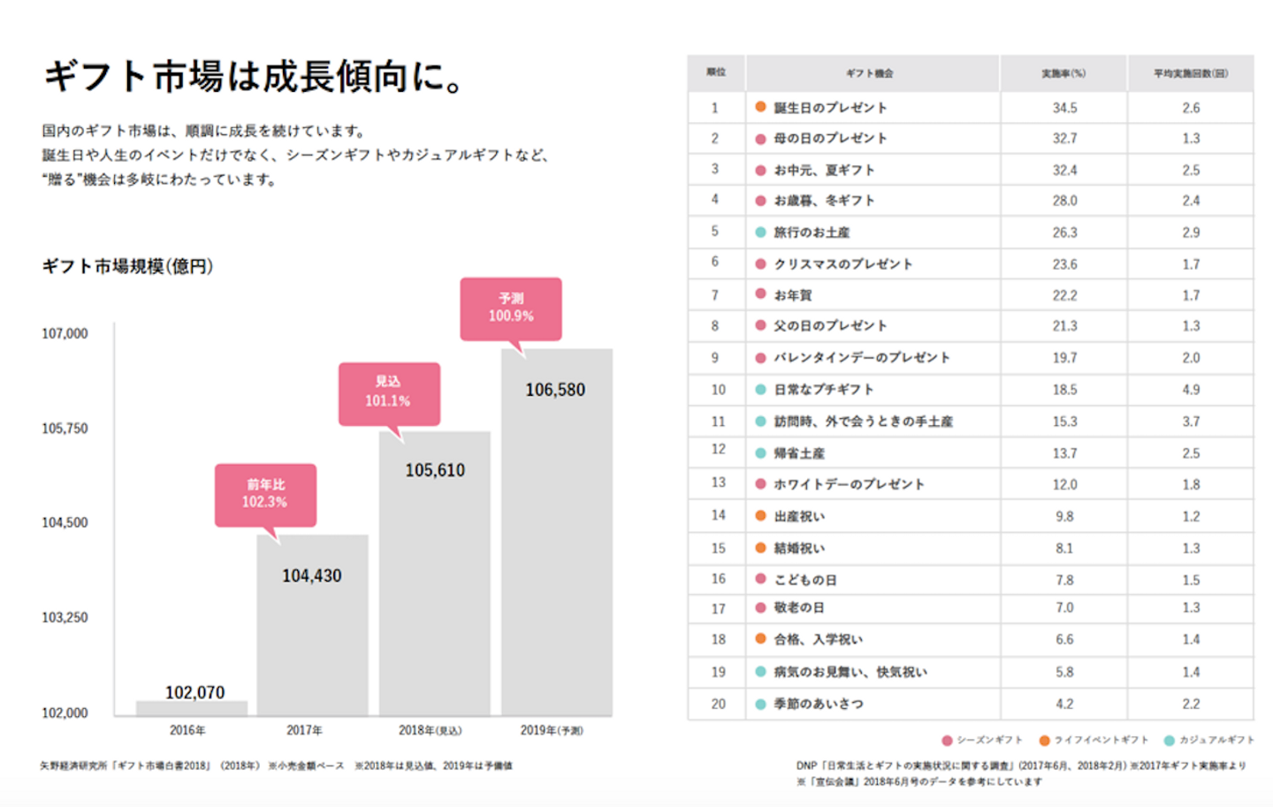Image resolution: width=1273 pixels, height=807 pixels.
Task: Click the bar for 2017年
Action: click(x=312, y=636)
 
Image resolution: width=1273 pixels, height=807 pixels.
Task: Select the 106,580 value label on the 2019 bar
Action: click(x=555, y=390)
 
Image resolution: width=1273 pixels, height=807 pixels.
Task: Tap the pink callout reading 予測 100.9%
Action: click(x=511, y=308)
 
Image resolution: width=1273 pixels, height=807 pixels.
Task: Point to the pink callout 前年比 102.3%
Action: click(x=265, y=494)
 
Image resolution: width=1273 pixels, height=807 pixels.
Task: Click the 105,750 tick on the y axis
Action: click(x=65, y=429)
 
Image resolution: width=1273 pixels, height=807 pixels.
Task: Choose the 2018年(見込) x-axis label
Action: click(x=431, y=730)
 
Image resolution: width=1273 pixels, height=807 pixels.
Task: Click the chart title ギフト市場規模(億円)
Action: click(x=127, y=266)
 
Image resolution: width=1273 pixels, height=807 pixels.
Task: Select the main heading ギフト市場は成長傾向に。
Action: click(x=255, y=77)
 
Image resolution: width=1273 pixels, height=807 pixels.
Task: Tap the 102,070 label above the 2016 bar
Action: click(x=194, y=692)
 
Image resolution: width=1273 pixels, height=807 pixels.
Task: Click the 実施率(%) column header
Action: click(x=1063, y=73)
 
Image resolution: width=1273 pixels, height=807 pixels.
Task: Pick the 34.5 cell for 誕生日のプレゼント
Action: click(x=1064, y=108)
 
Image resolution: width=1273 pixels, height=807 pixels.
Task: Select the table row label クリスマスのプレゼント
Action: click(x=842, y=264)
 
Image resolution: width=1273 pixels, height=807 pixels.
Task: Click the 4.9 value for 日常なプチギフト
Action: click(x=1191, y=390)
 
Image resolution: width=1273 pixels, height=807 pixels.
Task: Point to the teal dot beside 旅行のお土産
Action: click(x=760, y=232)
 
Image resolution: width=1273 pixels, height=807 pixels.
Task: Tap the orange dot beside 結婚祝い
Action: click(x=760, y=548)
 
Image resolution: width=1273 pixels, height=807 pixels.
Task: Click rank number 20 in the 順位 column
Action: click(x=718, y=704)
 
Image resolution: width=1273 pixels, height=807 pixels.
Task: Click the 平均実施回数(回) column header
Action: click(x=1190, y=73)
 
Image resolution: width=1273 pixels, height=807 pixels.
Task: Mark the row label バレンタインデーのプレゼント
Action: click(x=862, y=358)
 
